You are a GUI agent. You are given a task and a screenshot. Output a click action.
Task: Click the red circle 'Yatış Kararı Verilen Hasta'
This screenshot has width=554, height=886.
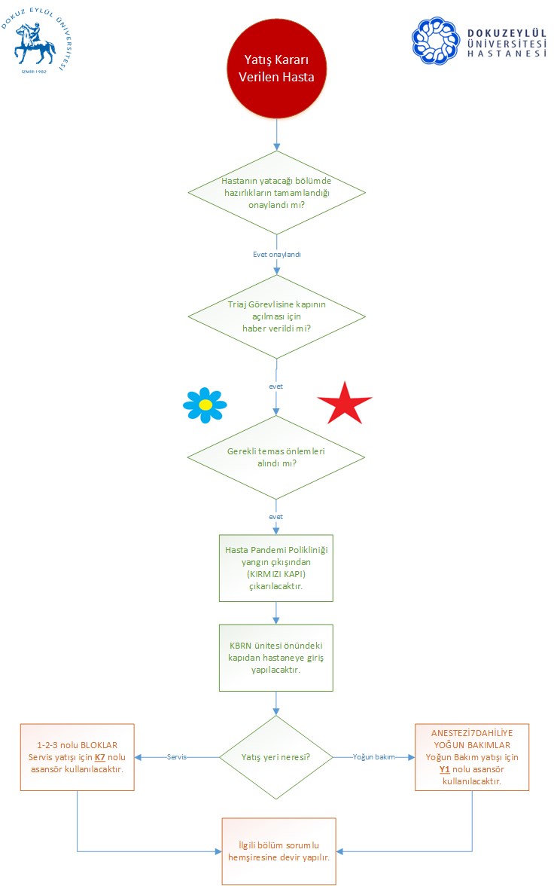pos(277,69)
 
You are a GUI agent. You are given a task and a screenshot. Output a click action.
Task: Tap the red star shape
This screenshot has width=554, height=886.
pos(345,404)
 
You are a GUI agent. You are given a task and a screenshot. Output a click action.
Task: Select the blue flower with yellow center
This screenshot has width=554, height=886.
pos(205,405)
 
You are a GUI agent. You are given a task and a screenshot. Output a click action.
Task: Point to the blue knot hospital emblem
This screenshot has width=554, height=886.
pos(435,41)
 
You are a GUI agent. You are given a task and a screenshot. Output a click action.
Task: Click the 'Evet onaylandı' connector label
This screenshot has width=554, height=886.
pos(277,255)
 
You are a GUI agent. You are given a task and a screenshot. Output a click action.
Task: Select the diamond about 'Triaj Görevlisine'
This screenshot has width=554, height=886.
pos(277,316)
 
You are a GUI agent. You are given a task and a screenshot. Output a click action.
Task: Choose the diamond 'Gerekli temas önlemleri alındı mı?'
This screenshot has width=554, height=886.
pos(276,457)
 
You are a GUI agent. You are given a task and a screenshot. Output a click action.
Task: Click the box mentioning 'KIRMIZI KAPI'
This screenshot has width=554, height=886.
pos(276,568)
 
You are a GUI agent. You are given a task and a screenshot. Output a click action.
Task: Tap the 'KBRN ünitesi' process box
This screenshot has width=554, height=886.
pos(276,658)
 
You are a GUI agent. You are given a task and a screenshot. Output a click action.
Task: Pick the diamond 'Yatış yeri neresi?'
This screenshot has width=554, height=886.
pos(276,757)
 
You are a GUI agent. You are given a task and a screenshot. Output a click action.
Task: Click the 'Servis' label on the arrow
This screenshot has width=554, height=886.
pos(177,756)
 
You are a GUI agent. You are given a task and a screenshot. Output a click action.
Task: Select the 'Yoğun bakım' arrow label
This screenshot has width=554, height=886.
pos(374,756)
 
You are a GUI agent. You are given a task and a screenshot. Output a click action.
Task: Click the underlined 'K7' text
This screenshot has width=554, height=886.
pos(100,757)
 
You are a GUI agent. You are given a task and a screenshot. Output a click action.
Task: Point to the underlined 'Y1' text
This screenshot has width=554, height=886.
pos(444,769)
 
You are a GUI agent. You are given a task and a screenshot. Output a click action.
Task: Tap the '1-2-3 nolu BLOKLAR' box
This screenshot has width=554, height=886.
pos(78,757)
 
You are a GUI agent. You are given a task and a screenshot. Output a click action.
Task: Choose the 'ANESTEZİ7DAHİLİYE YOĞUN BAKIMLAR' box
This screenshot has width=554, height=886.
pos(472,757)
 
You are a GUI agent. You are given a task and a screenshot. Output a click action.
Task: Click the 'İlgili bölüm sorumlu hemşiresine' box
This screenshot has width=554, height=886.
pos(279,851)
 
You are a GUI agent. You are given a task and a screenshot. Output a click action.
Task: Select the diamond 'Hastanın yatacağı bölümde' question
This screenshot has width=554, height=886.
pos(277,193)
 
